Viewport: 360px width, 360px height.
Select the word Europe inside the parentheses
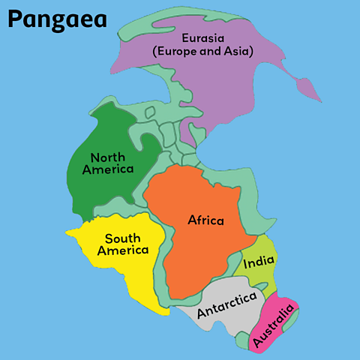point(175,51)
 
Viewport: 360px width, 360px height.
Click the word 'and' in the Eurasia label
point(210,51)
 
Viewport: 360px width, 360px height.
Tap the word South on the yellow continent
point(121,238)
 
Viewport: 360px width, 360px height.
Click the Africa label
point(205,220)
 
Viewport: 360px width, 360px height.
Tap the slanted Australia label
point(273,324)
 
